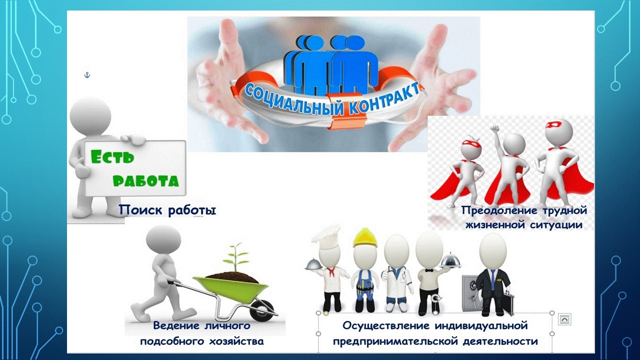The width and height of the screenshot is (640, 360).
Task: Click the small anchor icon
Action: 87,75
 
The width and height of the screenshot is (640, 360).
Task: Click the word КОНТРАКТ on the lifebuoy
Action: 384,98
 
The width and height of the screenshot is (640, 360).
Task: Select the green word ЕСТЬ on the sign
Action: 112,156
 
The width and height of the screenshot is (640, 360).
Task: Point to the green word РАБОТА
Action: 145,180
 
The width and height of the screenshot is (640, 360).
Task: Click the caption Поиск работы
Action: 167,210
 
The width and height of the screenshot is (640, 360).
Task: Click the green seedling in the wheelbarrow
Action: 235,256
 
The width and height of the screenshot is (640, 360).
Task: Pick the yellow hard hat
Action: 365,237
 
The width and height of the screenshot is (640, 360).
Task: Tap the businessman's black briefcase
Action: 507,303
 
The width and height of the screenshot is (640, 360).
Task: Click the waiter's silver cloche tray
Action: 450,261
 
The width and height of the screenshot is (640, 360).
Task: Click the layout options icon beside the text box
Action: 564,319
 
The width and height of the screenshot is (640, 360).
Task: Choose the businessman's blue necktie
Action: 493,277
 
